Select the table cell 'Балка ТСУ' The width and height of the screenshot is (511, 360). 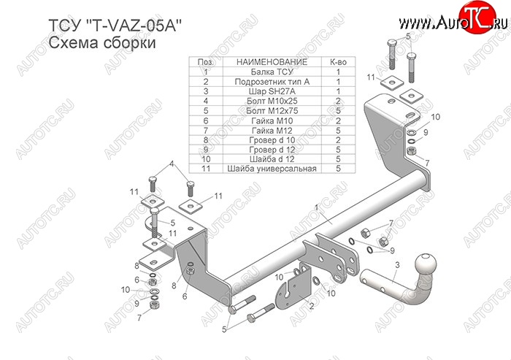(272, 72)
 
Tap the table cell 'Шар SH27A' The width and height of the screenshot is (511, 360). (272, 91)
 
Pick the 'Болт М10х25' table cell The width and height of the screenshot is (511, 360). (272, 101)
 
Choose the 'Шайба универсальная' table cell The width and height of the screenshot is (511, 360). (272, 169)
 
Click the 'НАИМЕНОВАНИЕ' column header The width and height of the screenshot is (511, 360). (272, 63)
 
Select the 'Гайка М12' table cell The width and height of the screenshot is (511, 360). (272, 130)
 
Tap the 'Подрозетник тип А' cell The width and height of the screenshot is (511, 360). (272, 82)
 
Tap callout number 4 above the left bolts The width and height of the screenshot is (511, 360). (172, 165)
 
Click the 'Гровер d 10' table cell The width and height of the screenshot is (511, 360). (272, 139)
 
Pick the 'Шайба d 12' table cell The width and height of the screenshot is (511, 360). (272, 159)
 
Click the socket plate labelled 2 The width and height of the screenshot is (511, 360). (293, 288)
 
